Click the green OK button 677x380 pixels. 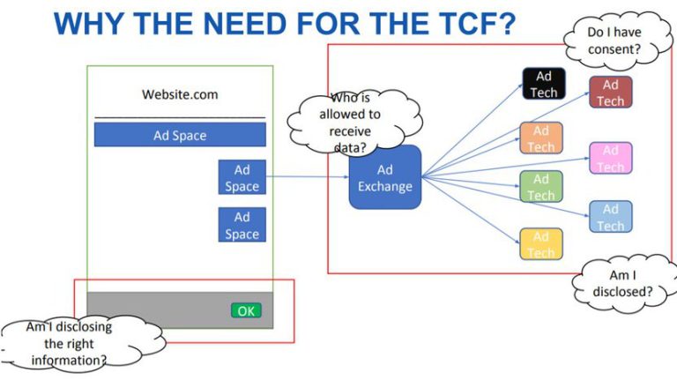(x=246, y=310)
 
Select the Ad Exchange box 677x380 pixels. (x=385, y=177)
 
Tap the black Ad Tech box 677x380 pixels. (x=544, y=84)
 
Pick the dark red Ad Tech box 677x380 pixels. (x=610, y=93)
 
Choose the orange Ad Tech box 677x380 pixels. (x=541, y=138)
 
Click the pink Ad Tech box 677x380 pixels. (x=610, y=158)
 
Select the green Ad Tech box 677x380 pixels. (x=541, y=186)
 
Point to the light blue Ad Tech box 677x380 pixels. (x=610, y=217)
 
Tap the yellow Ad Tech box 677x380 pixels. (x=541, y=243)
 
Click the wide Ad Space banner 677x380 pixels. (x=180, y=135)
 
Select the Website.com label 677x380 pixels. (x=180, y=94)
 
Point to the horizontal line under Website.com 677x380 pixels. (x=180, y=116)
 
